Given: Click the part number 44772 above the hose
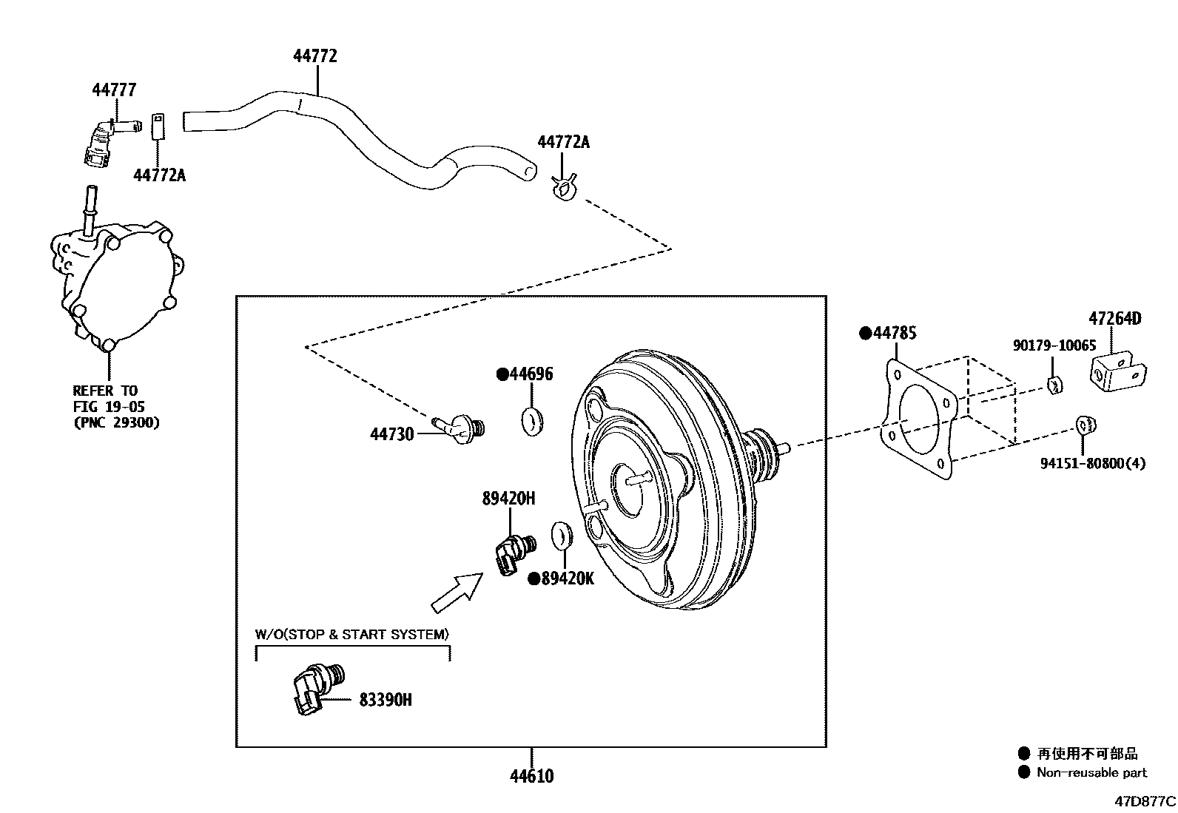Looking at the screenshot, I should (315, 56).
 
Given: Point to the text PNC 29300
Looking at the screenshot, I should (116, 423).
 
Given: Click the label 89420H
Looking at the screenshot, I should (508, 499).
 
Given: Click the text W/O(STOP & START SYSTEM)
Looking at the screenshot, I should (352, 634).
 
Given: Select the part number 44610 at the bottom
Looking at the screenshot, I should (531, 776).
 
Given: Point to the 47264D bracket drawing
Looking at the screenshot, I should (1117, 368).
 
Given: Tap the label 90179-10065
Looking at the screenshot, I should (1054, 345).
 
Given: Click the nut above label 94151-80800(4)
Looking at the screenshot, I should (1085, 425).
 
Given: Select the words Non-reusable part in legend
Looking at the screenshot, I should (1091, 773).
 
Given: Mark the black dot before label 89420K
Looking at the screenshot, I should (534, 579).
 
